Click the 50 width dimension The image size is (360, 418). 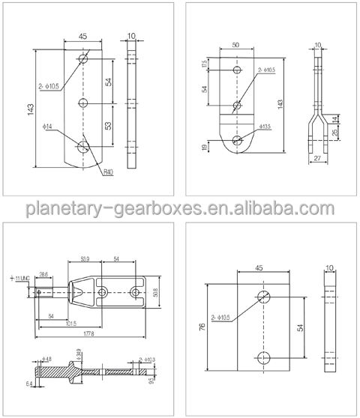(x=237, y=46)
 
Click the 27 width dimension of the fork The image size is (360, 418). (x=317, y=159)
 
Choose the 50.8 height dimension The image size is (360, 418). (x=155, y=293)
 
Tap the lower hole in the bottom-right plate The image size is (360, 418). (x=263, y=357)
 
